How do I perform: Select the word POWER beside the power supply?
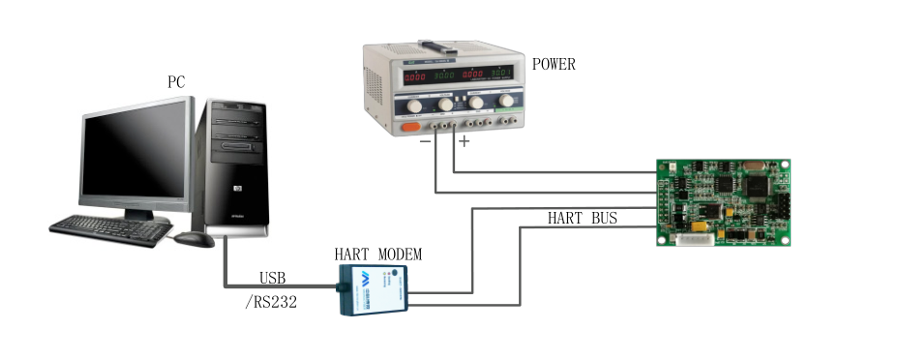(554, 65)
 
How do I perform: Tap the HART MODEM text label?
(378, 255)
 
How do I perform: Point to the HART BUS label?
(582, 219)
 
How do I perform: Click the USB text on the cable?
(272, 278)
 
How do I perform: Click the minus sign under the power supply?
(424, 142)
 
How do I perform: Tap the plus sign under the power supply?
(464, 142)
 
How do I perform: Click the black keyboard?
(108, 228)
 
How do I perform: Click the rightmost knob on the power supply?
(505, 99)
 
